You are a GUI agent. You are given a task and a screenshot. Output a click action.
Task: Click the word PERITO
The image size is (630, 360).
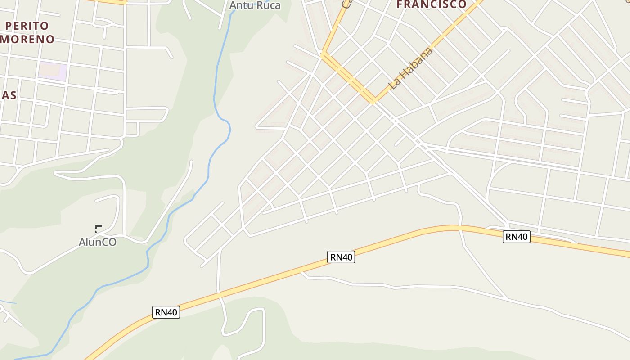pos(27,25)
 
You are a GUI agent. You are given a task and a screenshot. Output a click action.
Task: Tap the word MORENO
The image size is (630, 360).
pos(27,39)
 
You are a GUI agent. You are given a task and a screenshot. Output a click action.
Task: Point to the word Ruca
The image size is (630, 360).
pos(268,5)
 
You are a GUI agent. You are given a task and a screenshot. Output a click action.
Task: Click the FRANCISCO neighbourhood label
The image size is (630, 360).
pos(432,4)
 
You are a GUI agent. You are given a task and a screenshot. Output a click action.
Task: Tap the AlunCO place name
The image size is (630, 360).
pos(98,242)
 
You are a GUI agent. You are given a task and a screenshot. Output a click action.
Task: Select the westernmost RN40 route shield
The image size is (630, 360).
pos(166,312)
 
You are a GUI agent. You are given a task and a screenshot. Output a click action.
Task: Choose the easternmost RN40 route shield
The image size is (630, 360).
pos(516,236)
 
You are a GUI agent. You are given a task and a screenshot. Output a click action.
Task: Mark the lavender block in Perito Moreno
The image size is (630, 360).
pos(53,71)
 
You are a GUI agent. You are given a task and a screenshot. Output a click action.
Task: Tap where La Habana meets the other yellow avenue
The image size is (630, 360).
pos(373,101)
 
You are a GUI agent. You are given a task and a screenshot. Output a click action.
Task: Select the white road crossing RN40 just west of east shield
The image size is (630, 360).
pos(460,227)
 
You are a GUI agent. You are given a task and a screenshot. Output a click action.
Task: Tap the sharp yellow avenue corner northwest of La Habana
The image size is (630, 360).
pos(322,54)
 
